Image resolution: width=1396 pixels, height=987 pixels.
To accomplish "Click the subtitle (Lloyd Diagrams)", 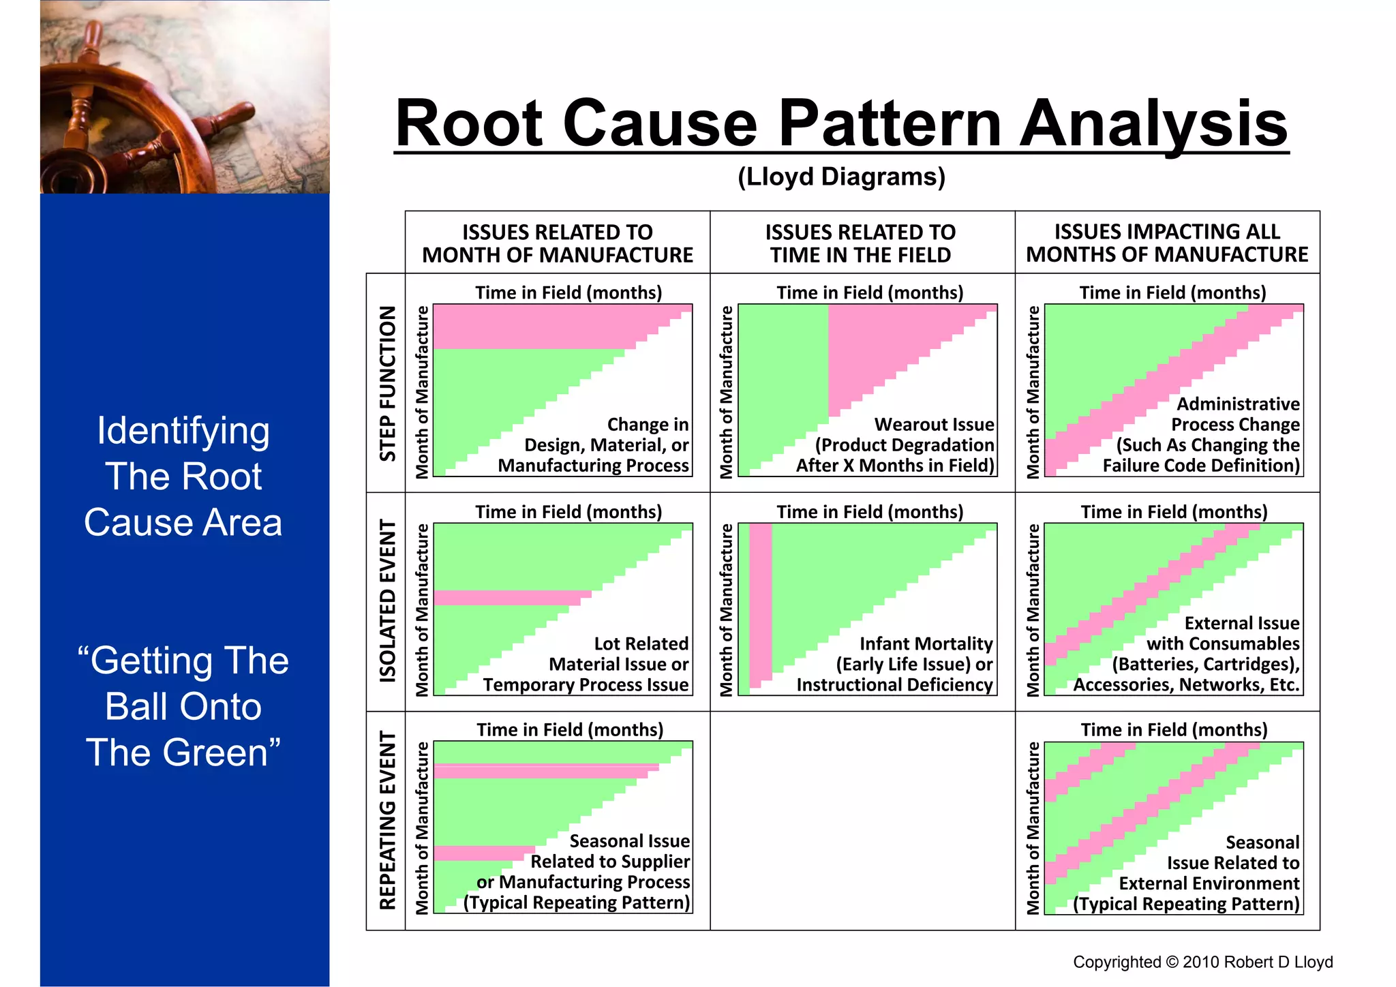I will point(841,177).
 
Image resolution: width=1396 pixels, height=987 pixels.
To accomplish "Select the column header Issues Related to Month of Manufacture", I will point(557,243).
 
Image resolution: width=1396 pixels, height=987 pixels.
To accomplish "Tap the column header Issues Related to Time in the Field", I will point(860,243).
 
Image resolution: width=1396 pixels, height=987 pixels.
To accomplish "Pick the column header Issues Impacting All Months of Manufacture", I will point(1166,243).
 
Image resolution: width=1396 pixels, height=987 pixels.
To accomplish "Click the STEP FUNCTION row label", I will point(387,383).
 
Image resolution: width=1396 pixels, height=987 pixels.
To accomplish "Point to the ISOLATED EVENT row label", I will point(387,601).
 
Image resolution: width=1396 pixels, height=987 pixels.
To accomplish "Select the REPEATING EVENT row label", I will point(387,821).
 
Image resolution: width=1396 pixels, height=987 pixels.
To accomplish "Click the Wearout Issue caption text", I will point(933,425).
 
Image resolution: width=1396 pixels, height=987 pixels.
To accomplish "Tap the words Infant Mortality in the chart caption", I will point(925,643).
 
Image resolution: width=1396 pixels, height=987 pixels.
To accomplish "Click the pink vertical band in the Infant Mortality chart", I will point(761,603).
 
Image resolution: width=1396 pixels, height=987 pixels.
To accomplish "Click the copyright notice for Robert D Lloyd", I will point(1202,962).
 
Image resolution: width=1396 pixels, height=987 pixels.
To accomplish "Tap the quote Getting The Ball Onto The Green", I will point(183,706).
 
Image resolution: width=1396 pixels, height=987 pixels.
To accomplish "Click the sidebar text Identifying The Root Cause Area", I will point(183,476).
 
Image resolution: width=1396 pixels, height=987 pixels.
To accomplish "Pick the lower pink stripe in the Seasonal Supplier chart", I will point(484,853).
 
